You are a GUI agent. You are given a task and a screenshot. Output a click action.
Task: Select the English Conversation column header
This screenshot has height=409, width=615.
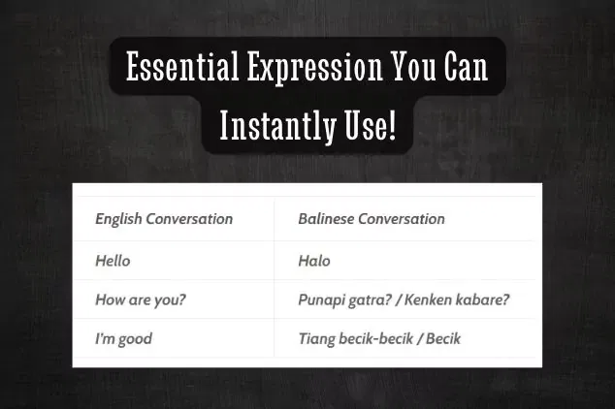tap(164, 219)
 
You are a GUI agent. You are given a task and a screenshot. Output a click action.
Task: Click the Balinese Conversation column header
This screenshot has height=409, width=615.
tap(371, 219)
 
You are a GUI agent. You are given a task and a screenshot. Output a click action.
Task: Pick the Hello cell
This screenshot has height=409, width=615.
tap(113, 261)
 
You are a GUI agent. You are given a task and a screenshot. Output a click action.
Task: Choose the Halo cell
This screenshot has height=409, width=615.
tap(314, 261)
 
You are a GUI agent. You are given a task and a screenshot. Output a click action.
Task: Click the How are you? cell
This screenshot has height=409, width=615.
tap(141, 299)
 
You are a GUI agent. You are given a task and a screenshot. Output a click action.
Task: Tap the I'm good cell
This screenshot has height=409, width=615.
tap(123, 339)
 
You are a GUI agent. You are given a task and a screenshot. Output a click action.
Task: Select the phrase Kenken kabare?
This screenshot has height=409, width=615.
tap(455, 299)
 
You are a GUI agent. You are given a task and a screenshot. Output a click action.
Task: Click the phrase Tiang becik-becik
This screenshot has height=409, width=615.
tap(355, 339)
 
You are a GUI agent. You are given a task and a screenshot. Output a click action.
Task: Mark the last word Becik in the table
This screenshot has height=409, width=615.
tap(441, 339)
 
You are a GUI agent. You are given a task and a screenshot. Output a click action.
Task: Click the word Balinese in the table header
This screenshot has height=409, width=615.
tap(326, 219)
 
